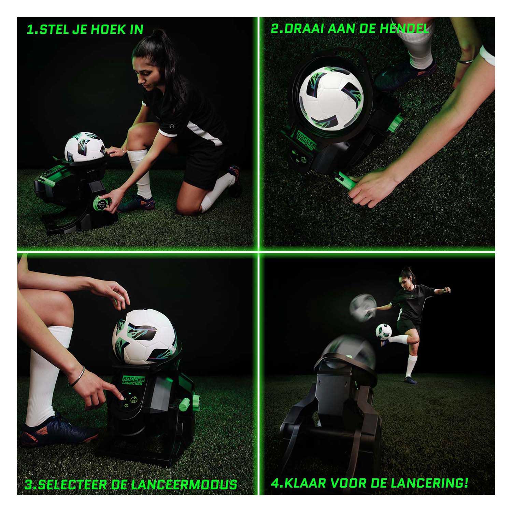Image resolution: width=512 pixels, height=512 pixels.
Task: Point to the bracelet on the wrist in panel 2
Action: (x=465, y=61)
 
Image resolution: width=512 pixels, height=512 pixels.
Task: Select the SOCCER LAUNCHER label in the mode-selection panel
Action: (x=133, y=381)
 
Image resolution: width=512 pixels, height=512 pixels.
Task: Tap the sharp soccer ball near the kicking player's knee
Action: (x=384, y=331)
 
